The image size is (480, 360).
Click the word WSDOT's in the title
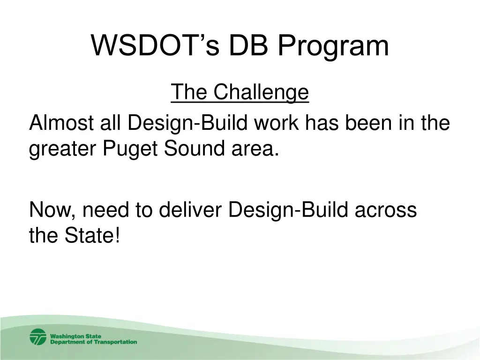155,45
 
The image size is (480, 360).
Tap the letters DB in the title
248,45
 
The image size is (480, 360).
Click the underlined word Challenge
261,92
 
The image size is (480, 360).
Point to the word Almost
61,123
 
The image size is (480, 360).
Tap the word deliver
190,210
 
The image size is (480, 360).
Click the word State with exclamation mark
92,235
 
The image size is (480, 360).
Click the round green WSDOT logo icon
38,337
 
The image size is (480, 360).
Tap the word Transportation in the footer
115,342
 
